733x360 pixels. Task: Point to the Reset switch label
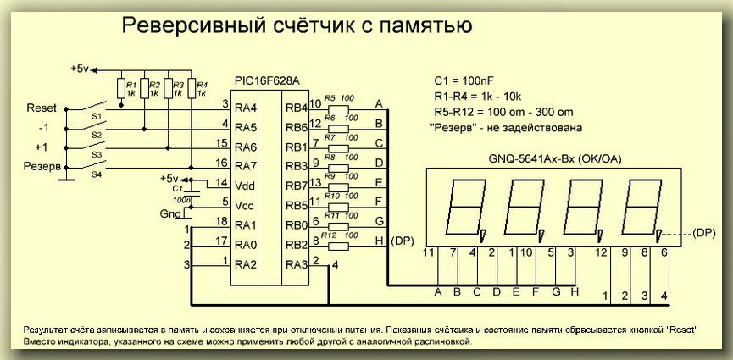pos(42,109)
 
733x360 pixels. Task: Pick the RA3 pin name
pos(297,265)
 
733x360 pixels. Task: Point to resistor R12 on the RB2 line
pos(337,246)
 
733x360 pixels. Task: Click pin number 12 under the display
pos(602,252)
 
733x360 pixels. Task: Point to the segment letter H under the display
pos(575,293)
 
